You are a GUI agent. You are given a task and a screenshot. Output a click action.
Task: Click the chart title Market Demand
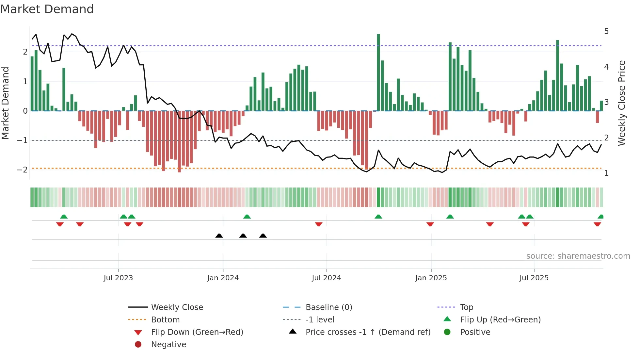47,9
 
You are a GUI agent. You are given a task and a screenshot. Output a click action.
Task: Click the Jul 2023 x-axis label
118,278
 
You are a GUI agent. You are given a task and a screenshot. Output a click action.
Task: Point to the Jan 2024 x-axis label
223,278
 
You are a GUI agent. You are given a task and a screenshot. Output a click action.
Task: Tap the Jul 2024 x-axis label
326,278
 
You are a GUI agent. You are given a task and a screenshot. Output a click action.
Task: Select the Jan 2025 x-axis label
431,278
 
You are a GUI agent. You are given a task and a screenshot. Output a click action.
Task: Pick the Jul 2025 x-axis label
534,278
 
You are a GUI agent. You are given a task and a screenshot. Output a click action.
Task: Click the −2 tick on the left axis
22,170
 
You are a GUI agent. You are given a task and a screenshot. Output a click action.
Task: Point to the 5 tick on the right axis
606,31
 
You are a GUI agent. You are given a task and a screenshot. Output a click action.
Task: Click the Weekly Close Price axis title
622,103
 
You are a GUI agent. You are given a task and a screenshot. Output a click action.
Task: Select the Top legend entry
466,307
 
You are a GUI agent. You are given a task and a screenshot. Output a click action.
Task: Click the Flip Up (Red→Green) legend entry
500,320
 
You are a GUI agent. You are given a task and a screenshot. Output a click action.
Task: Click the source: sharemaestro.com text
578,256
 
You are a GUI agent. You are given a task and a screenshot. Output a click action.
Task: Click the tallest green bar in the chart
378,72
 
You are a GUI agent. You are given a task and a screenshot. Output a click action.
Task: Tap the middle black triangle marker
243,236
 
